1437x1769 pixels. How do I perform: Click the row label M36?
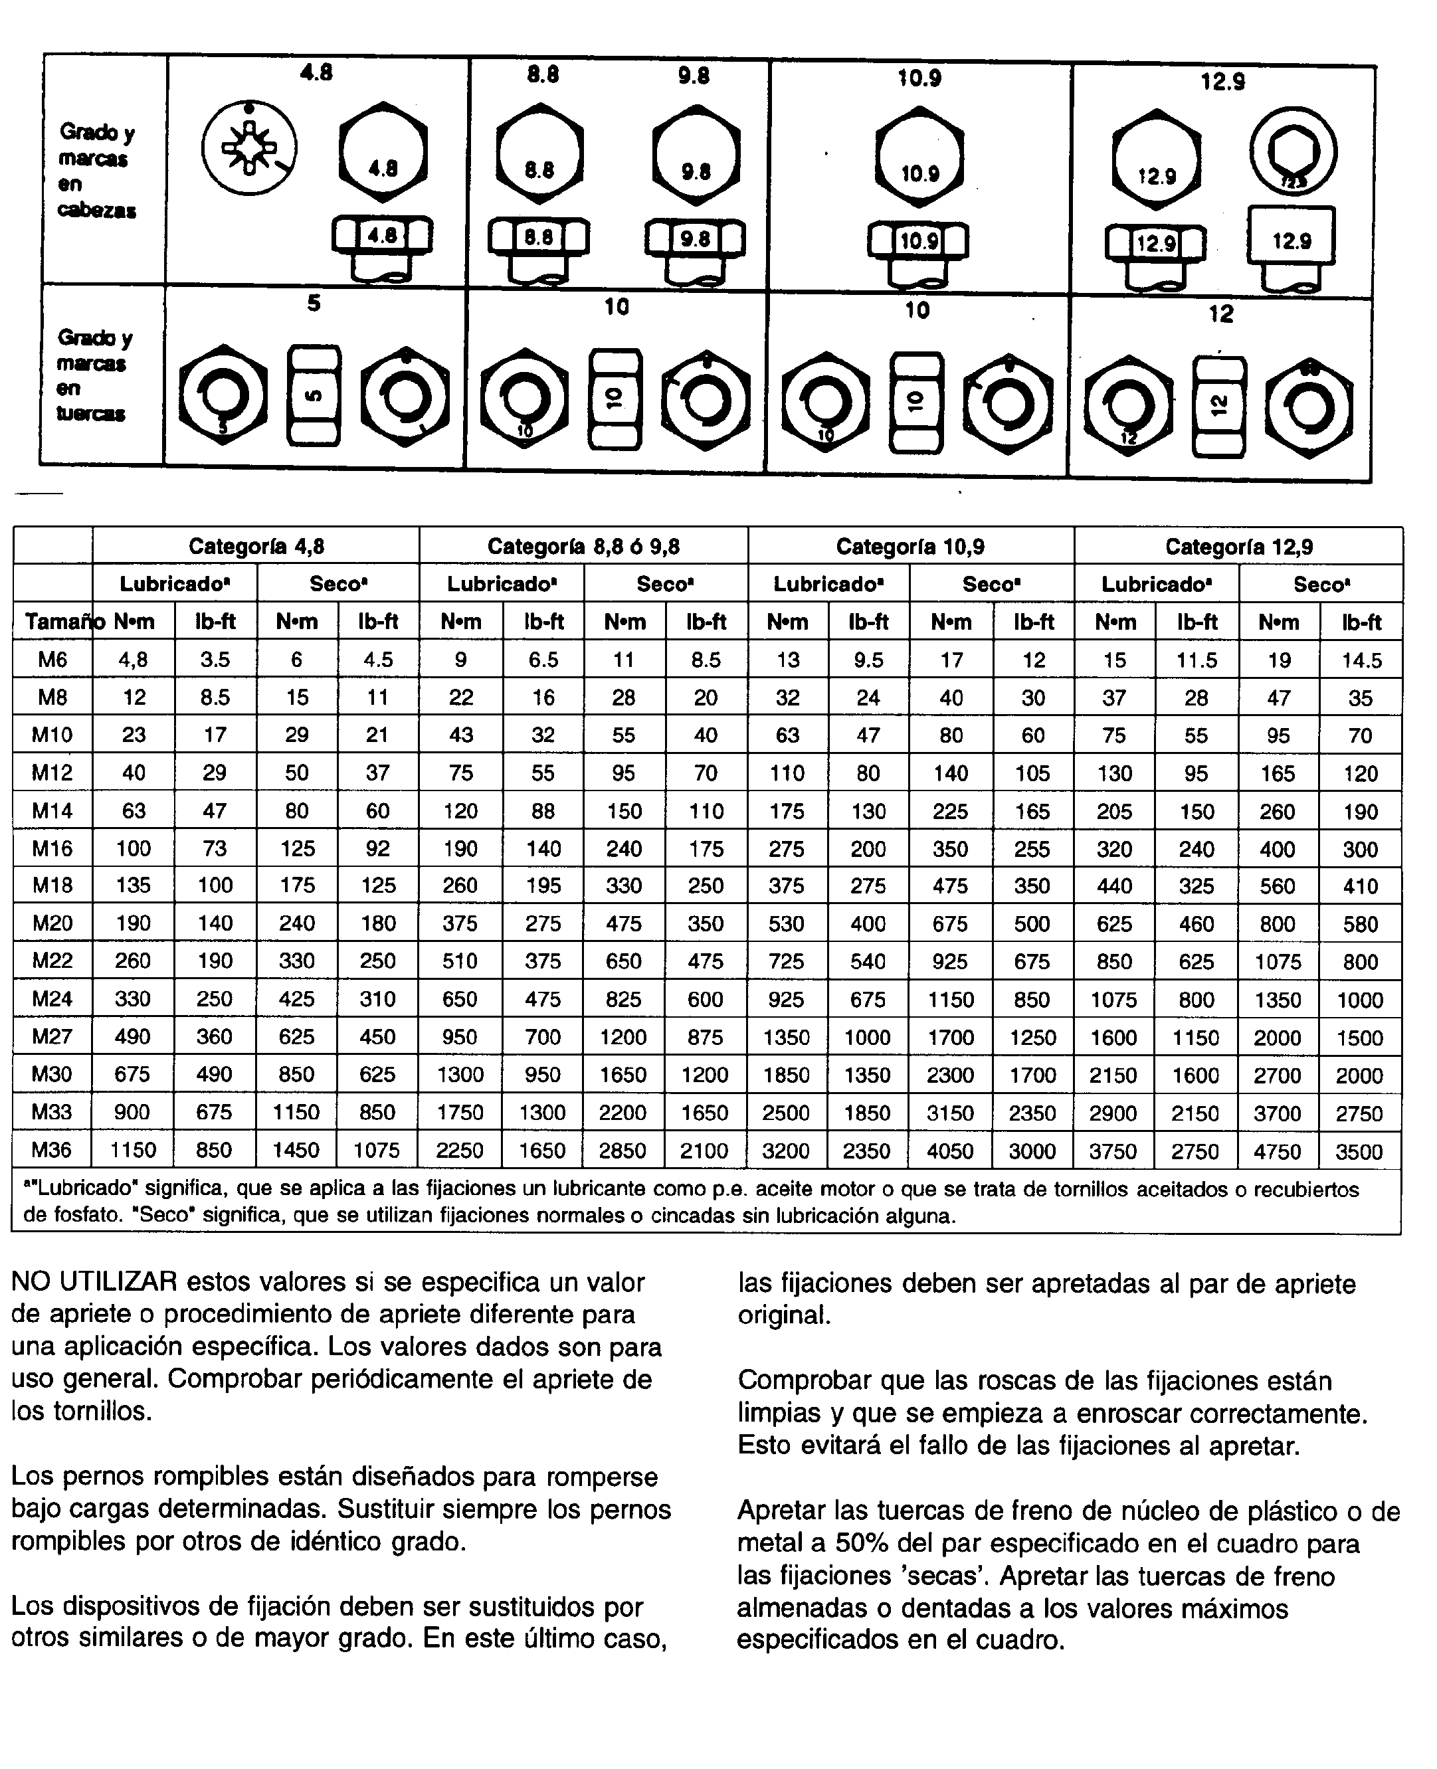[51, 1150]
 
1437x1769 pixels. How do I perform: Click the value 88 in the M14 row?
[543, 810]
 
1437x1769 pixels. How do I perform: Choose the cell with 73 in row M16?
[215, 848]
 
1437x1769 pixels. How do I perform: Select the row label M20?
[51, 923]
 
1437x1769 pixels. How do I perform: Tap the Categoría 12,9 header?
[1238, 546]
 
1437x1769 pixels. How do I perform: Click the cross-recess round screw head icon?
[249, 149]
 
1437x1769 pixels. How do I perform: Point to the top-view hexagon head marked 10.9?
[919, 158]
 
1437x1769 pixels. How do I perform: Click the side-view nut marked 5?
[313, 396]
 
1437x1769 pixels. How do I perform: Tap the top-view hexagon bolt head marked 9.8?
[696, 155]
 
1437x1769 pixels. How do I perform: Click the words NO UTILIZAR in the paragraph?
[94, 1282]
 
